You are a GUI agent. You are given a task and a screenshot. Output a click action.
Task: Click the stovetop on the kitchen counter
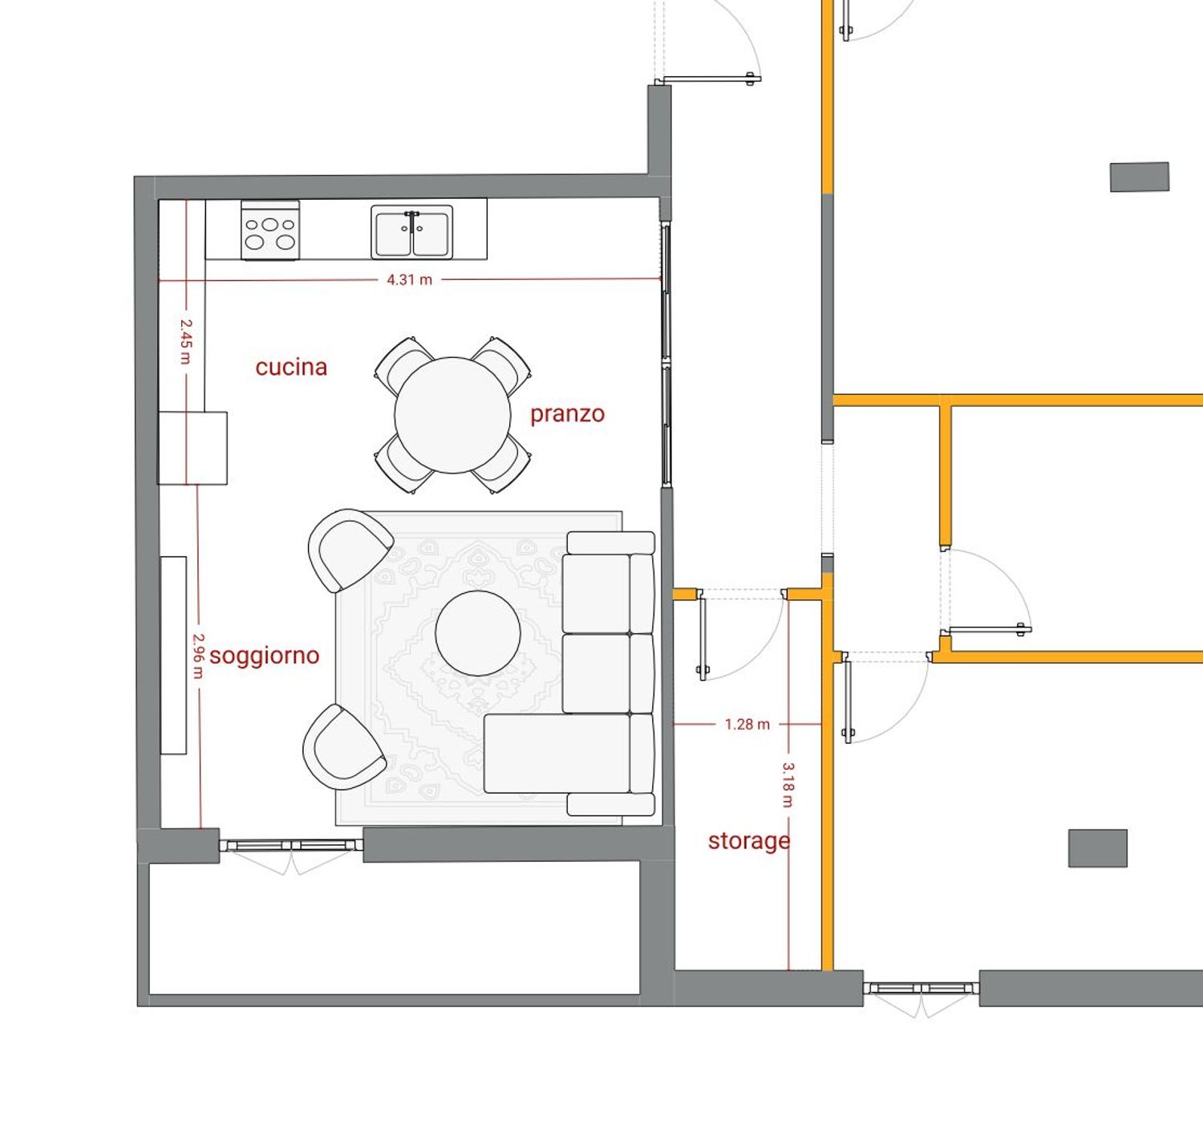click(x=269, y=230)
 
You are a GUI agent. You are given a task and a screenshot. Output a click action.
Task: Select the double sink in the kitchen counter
click(x=411, y=232)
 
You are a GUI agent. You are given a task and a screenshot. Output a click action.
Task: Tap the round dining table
click(x=453, y=415)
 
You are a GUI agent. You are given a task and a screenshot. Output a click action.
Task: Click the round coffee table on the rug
click(x=478, y=633)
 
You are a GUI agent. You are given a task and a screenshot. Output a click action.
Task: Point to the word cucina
click(x=291, y=368)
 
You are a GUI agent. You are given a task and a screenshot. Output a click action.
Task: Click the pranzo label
click(x=567, y=415)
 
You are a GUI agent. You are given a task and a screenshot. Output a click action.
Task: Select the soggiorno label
click(x=265, y=656)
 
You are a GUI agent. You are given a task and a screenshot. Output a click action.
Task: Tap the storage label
click(x=749, y=841)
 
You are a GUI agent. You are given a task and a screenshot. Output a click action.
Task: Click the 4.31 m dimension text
click(x=409, y=280)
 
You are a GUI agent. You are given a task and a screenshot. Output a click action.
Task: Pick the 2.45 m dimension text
click(x=186, y=341)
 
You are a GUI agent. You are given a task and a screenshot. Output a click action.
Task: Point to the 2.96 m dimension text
click(x=198, y=656)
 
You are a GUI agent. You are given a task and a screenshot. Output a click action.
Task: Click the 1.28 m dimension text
click(x=747, y=725)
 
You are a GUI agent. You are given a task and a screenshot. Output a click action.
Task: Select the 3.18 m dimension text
click(x=788, y=784)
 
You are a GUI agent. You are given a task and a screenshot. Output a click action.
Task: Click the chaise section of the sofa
click(x=557, y=753)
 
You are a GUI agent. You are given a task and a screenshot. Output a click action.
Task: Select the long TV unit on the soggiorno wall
click(x=173, y=655)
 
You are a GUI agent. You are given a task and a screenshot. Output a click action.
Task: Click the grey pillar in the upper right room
click(x=1140, y=177)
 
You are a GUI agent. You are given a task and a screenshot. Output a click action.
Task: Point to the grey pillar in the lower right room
click(x=1098, y=848)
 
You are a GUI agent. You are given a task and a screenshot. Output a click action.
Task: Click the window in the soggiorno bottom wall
click(x=291, y=846)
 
